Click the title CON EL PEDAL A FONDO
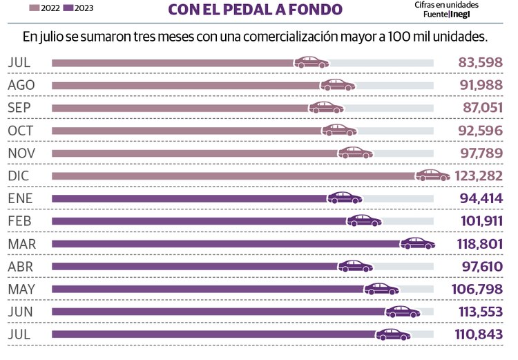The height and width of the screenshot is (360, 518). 255,10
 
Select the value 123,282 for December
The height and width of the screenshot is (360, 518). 479,176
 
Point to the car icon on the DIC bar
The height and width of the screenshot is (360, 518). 432,175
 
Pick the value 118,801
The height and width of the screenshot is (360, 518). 480,243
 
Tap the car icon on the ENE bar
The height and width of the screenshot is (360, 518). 345,198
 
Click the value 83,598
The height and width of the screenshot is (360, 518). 481,62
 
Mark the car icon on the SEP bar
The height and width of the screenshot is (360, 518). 326,107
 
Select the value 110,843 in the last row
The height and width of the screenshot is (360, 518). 480,334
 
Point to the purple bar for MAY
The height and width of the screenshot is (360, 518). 207,289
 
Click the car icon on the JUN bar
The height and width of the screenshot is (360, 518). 403,312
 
